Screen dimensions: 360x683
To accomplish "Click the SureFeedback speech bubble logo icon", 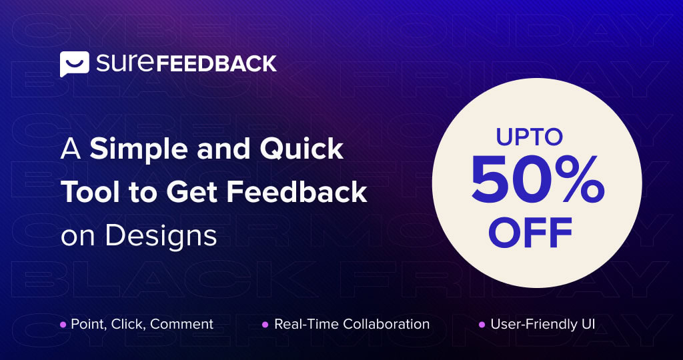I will tap(75, 64).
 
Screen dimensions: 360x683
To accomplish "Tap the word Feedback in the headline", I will tap(297, 193).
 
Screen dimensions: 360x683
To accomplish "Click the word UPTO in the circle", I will tap(530, 137).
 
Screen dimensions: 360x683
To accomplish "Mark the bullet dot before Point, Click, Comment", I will tap(63, 325).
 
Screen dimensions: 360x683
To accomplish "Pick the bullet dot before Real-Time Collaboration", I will tap(265, 325).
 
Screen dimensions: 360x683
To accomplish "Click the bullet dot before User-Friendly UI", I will tap(482, 325).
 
